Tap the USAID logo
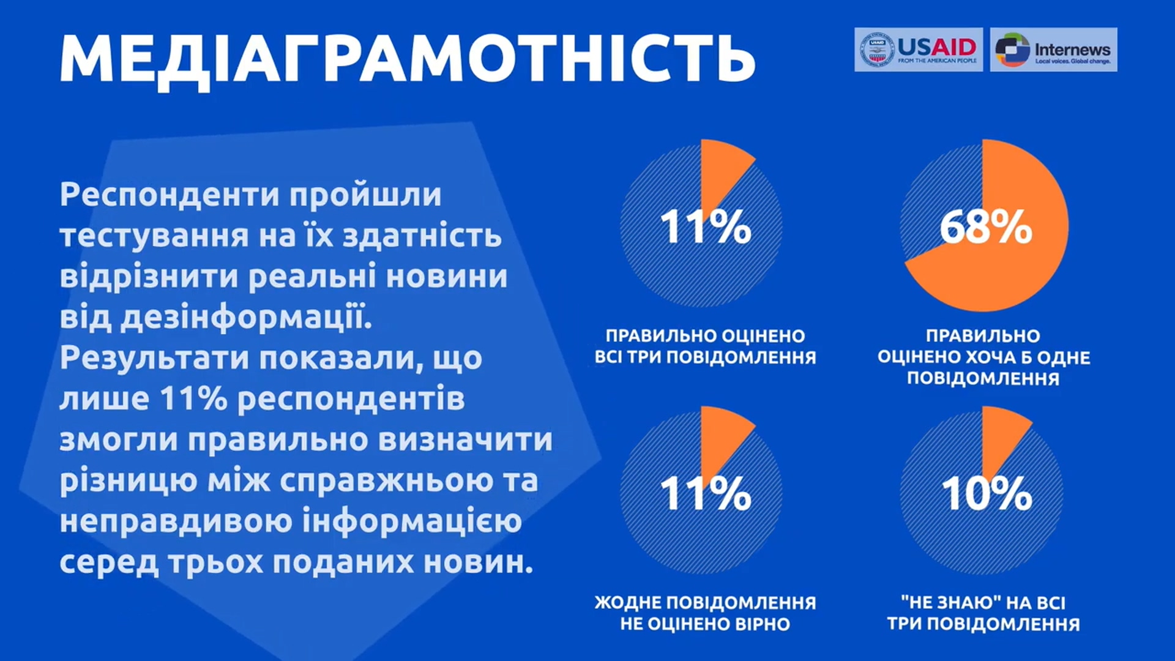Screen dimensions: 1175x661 point(919,50)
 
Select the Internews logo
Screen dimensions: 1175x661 point(1053,50)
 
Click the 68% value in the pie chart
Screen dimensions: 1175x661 point(986,227)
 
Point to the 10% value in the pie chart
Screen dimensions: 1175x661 point(986,493)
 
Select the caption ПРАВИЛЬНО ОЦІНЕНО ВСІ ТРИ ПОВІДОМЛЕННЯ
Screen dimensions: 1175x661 point(705,346)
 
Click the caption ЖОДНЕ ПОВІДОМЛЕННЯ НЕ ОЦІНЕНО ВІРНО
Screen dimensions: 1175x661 point(705,613)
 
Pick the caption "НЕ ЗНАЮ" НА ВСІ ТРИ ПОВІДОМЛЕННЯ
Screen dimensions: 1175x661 point(983,613)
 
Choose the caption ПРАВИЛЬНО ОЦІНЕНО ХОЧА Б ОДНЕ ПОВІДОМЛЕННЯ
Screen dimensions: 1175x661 point(983,357)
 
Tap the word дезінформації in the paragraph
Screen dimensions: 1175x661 point(246,318)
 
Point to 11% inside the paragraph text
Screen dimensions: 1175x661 point(193,399)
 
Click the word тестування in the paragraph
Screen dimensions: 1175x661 point(154,237)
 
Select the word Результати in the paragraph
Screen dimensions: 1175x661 point(155,359)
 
